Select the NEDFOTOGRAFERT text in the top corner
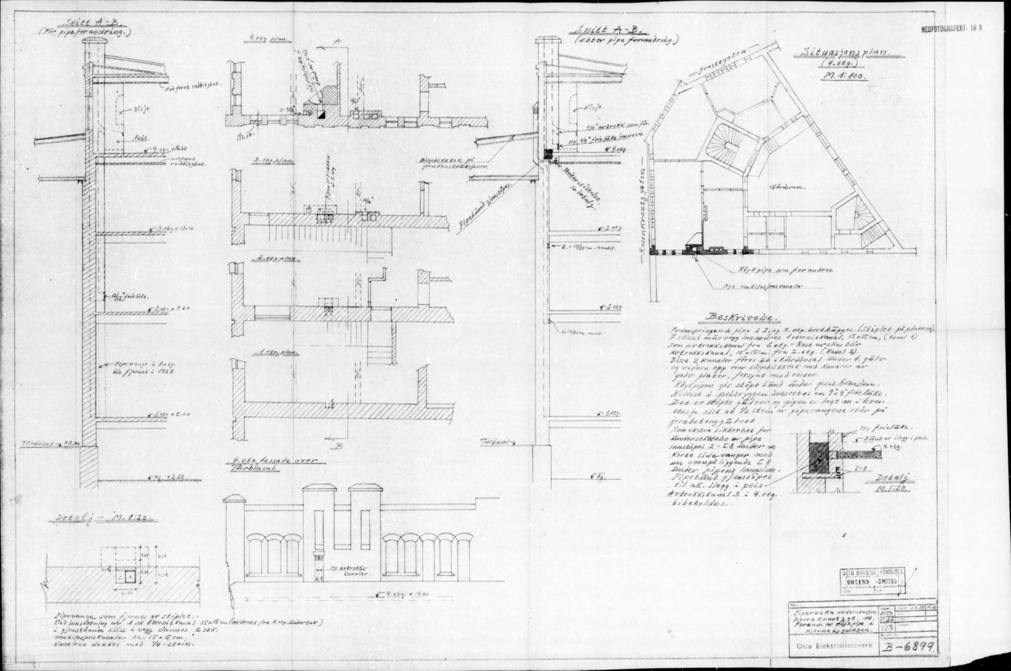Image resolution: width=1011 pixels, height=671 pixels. (x=949, y=30)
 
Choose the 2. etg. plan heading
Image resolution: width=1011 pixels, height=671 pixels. (x=268, y=259)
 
